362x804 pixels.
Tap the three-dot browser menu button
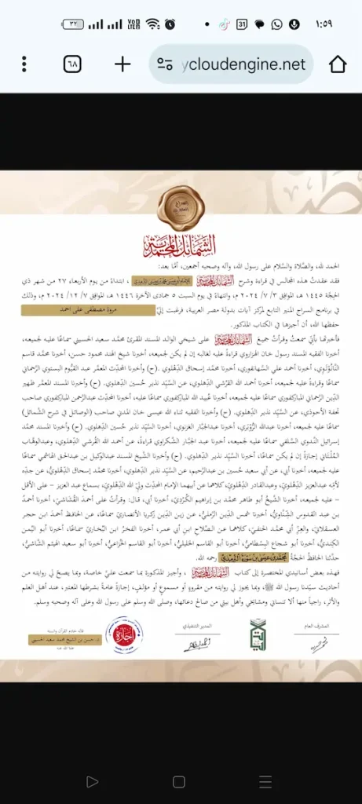coord(24,64)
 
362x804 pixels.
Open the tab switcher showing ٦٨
coord(73,64)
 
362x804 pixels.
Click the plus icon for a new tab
coord(122,64)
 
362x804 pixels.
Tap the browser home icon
coord(338,64)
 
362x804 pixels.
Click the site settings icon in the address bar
coord(165,64)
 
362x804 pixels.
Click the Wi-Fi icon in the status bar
coord(152,24)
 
